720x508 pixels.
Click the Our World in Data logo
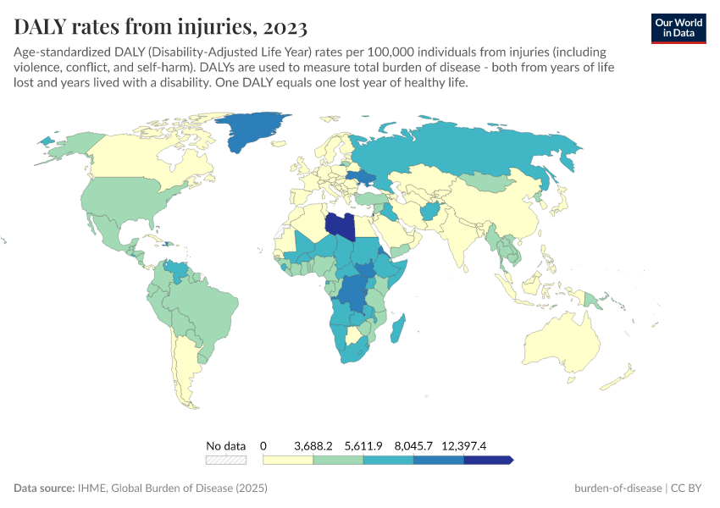pos(678,28)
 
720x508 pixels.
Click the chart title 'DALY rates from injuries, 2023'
pos(161,28)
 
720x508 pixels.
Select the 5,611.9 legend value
pos(364,445)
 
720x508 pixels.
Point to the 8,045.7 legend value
pos(414,445)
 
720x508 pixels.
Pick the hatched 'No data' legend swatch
pos(226,460)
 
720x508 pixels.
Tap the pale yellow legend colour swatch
pos(288,460)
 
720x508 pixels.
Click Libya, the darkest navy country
pos(341,225)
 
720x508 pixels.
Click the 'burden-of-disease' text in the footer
pos(618,489)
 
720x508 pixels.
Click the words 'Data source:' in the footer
pos(44,489)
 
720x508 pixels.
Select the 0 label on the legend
pos(263,445)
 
